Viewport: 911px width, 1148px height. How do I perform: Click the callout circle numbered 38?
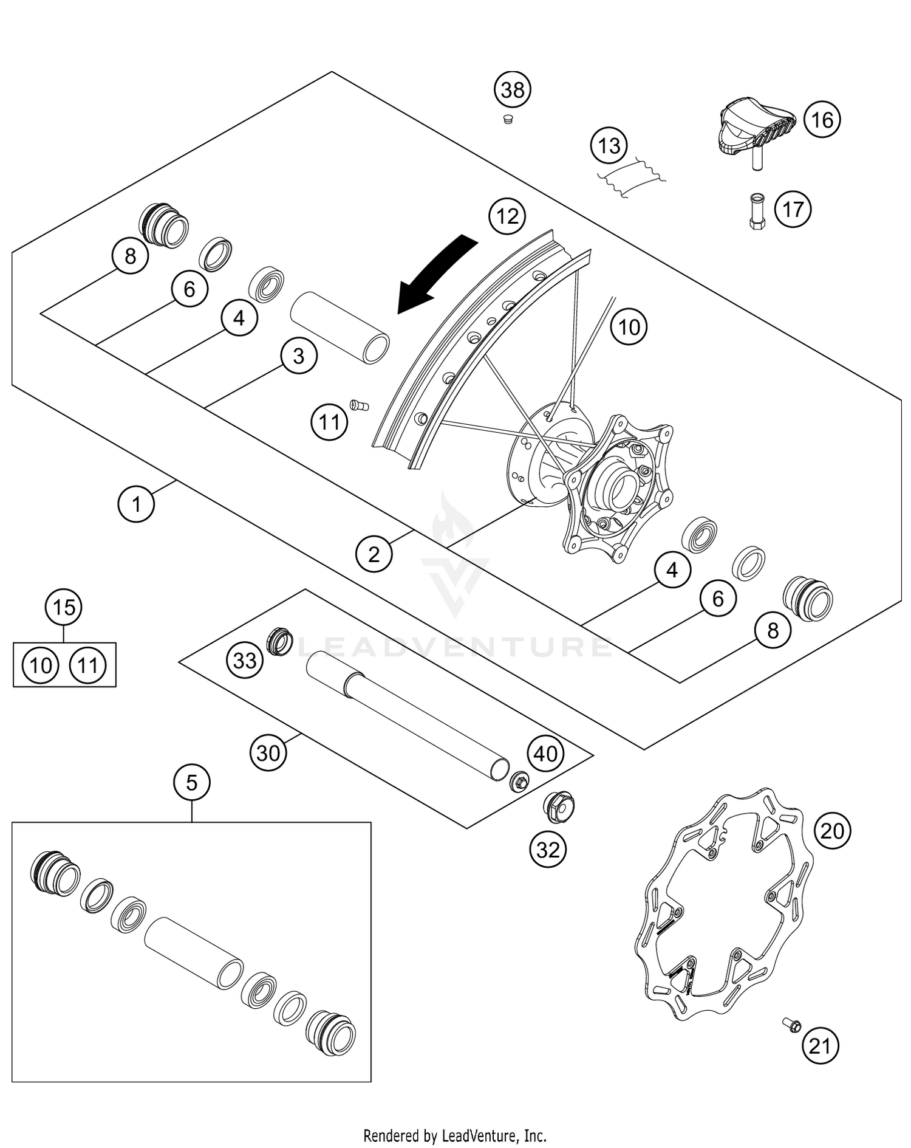point(512,91)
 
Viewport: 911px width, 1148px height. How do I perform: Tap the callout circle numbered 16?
point(822,120)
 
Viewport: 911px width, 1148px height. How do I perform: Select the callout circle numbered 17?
point(793,210)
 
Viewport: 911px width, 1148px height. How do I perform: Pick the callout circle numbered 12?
point(508,216)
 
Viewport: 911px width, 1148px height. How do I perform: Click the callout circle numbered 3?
point(298,356)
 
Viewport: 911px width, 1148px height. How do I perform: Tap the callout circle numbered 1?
point(136,504)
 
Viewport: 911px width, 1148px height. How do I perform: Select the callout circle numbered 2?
point(374,554)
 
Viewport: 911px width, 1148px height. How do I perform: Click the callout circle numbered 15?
point(64,607)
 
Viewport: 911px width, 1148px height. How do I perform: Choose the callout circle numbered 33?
point(245,660)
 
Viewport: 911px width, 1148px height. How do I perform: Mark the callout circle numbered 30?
point(268,753)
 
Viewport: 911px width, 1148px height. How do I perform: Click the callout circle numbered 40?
point(545,754)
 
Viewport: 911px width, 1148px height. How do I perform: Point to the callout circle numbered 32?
point(548,849)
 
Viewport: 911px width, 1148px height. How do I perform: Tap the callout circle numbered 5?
point(192,783)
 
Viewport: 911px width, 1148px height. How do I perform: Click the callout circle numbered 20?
point(832,830)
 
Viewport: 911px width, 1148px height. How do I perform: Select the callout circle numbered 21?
point(820,1046)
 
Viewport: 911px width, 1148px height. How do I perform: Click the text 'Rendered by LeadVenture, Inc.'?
point(455,1135)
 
